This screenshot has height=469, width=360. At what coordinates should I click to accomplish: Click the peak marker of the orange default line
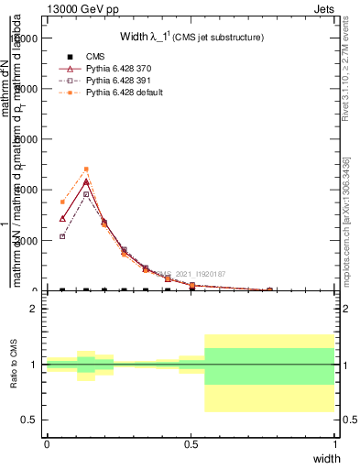click(x=86, y=169)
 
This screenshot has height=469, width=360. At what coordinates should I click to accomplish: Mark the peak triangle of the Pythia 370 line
click(x=86, y=181)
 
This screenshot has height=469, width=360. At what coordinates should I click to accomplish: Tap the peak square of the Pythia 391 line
click(x=86, y=194)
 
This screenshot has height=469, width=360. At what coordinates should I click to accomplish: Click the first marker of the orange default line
click(x=62, y=202)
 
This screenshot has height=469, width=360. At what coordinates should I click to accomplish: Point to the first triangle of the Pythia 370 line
click(x=62, y=218)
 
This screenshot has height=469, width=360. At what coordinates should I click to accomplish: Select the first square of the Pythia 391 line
click(x=62, y=236)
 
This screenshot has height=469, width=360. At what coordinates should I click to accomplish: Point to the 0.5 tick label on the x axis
click(x=191, y=443)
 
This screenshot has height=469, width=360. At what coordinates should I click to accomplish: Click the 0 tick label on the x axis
click(x=47, y=443)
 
